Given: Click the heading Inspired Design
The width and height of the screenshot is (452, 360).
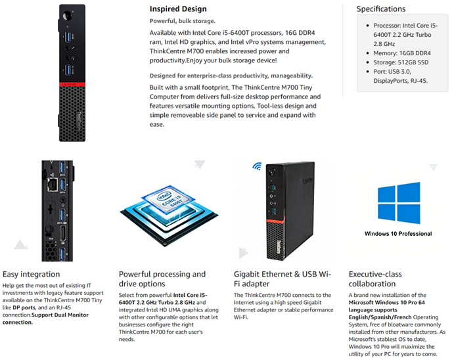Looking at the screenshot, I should coord(178,9).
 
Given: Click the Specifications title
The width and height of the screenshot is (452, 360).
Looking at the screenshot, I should coord(381,9).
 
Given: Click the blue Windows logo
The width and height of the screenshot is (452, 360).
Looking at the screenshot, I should coord(398,203).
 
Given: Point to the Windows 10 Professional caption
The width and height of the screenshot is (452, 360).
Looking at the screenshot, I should coord(398,233).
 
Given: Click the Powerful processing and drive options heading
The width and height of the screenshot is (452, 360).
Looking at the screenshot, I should coord(162,279).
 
